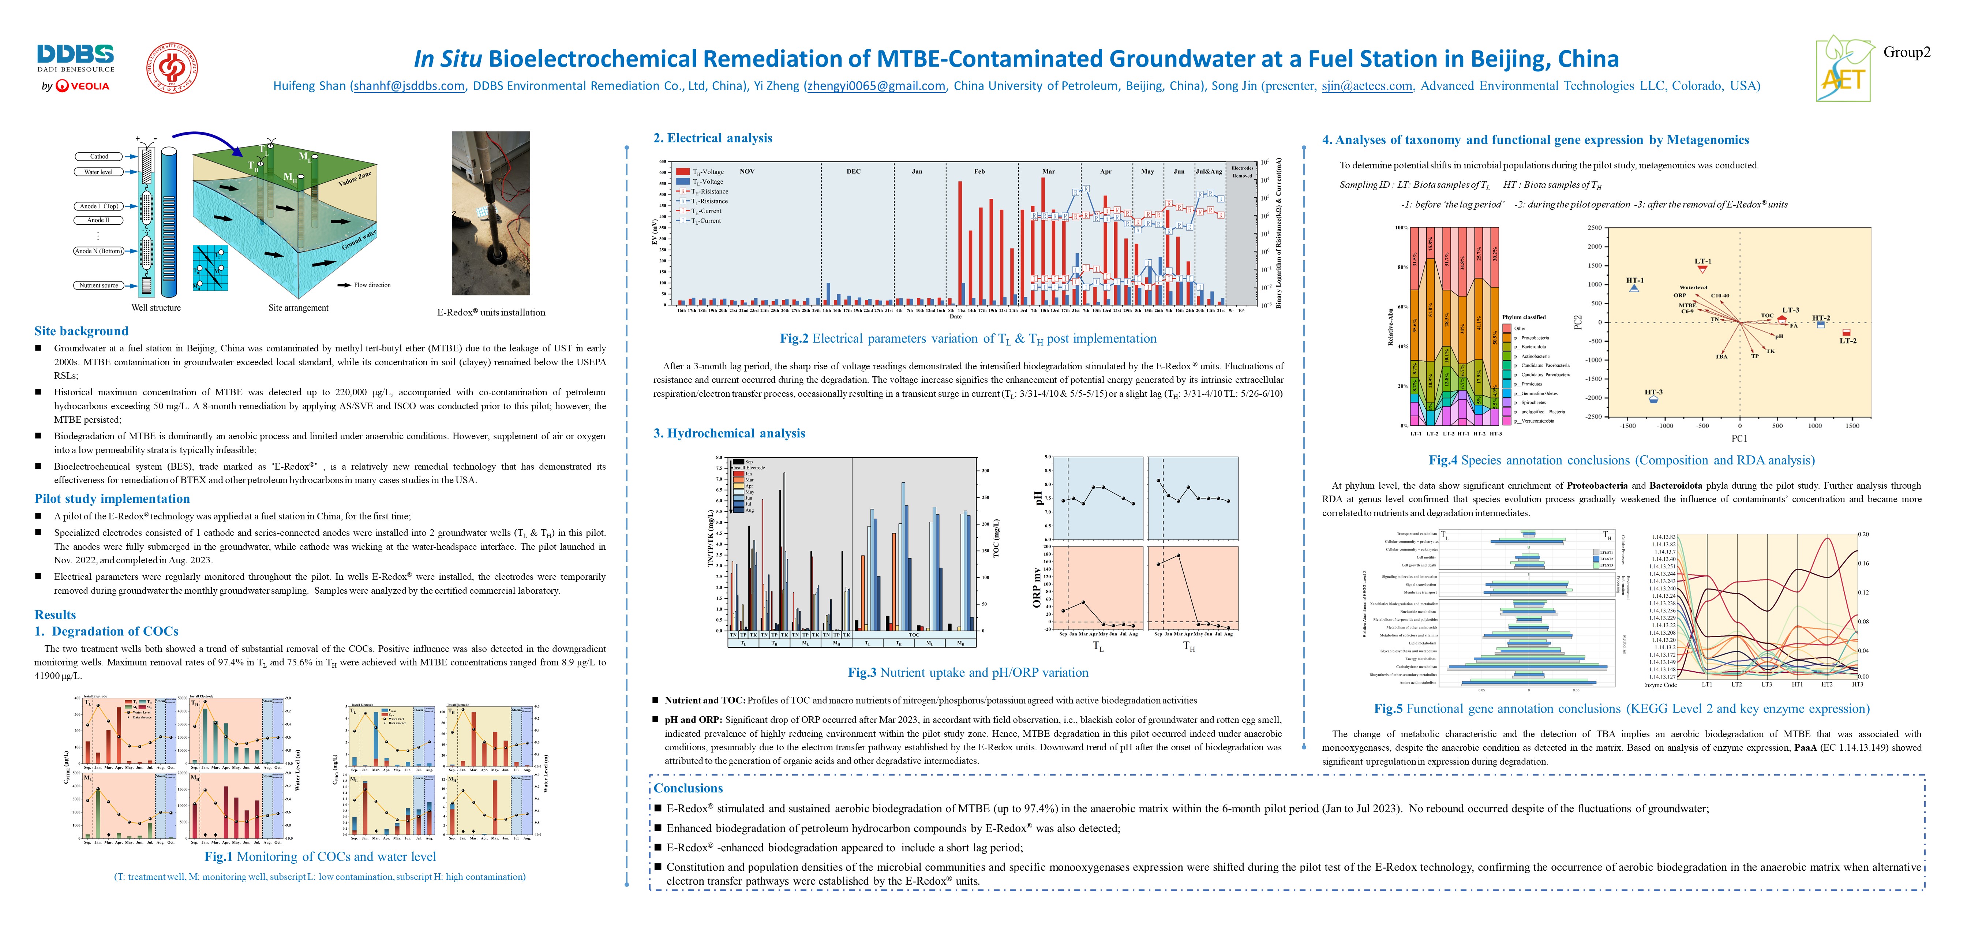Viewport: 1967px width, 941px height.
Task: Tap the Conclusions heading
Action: pos(688,788)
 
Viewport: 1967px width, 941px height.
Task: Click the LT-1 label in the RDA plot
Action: pos(1703,261)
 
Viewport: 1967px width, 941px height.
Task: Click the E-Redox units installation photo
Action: pos(490,213)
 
